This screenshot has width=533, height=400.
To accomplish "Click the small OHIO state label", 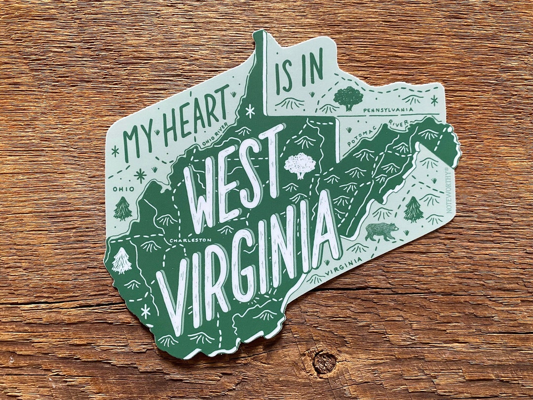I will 123,189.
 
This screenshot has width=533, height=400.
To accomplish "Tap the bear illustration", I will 381,230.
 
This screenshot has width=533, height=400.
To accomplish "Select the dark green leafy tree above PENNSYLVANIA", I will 348,98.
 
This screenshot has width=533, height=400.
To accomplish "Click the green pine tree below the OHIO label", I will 123,208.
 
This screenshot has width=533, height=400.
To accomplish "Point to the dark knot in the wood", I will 324,362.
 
